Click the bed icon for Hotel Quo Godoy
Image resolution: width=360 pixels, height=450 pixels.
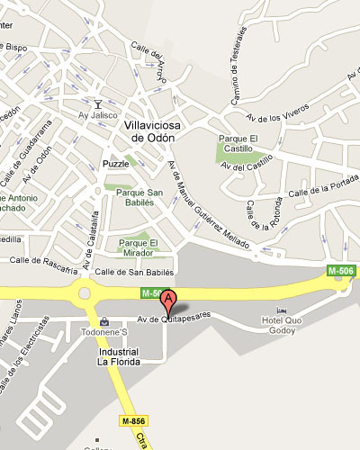pos(283,310)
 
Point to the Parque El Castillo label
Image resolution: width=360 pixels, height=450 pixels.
pos(241,143)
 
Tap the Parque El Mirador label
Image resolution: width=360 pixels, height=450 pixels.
pos(139,247)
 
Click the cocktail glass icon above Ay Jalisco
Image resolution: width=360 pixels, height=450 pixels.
pos(98,103)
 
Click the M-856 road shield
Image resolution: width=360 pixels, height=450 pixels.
pos(134,420)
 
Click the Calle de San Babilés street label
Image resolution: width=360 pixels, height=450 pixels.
pos(133,272)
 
